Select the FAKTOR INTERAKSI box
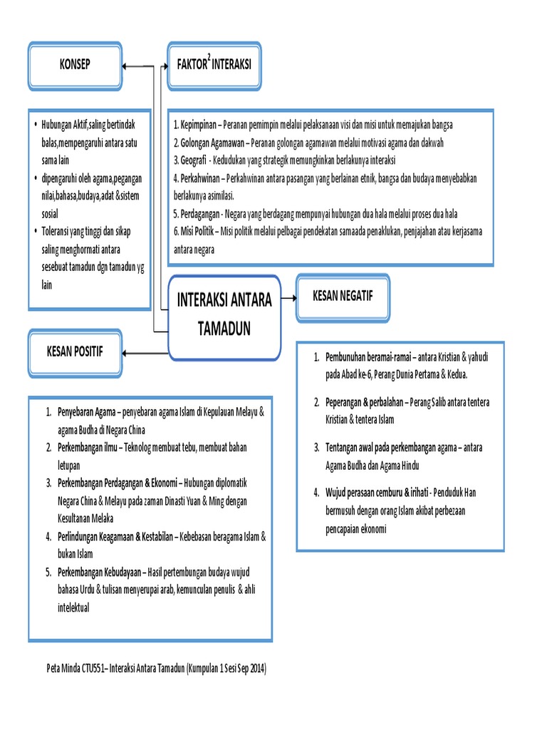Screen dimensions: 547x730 (x=214, y=66)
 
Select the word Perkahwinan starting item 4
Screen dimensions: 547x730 (x=204, y=178)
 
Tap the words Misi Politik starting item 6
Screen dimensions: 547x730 (x=197, y=232)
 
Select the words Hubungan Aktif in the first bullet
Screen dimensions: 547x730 (x=64, y=125)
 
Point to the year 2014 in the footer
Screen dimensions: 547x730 (x=254, y=669)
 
